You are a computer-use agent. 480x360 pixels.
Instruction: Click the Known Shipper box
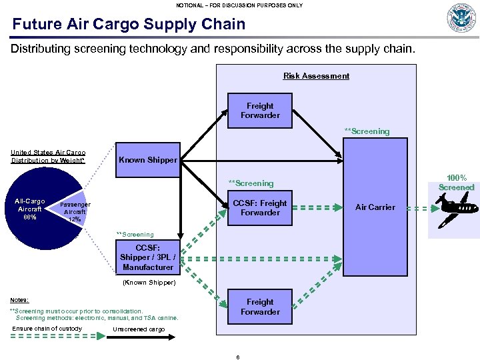point(148,160)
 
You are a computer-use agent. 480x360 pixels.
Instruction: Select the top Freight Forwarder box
point(260,111)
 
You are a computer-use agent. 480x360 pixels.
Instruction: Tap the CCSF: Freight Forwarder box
point(260,208)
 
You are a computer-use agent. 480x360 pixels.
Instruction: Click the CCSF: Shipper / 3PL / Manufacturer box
point(148,257)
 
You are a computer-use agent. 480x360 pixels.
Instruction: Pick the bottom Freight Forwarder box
point(260,307)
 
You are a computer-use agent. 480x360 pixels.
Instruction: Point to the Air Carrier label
point(375,207)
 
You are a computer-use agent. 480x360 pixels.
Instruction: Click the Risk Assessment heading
point(316,76)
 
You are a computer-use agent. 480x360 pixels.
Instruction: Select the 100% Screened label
point(457,183)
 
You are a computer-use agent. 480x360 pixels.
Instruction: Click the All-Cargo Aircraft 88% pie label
point(30,208)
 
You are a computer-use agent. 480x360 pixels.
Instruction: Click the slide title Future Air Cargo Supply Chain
point(129,25)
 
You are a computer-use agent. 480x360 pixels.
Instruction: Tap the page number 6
point(238,356)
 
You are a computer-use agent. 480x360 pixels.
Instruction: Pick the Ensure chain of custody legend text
point(47,328)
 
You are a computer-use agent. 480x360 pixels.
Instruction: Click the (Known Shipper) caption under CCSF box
point(148,283)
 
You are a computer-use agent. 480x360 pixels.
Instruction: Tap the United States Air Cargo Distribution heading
point(48,157)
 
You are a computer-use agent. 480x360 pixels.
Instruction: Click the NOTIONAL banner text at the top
point(239,5)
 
